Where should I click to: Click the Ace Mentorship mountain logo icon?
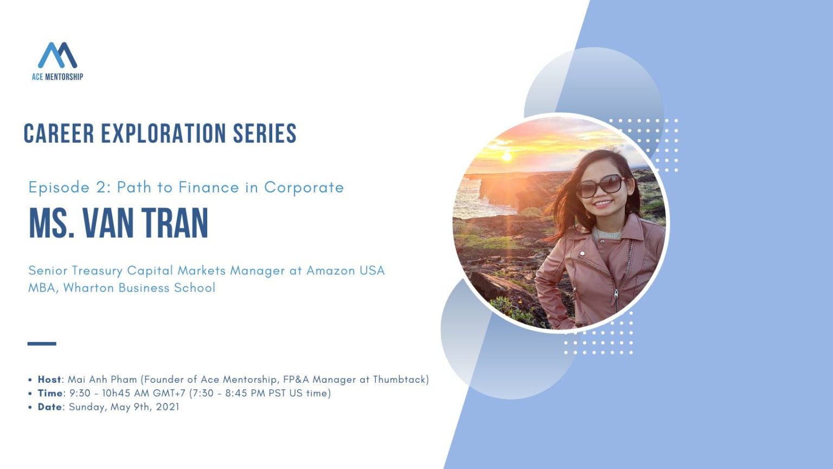click(x=57, y=55)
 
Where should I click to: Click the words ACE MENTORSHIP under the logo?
click(x=57, y=77)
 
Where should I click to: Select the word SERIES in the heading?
click(x=265, y=134)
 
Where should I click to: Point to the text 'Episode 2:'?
click(x=69, y=188)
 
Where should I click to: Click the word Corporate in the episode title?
click(x=304, y=188)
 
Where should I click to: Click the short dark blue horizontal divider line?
click(x=42, y=343)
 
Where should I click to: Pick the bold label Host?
click(x=49, y=380)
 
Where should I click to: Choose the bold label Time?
click(x=50, y=393)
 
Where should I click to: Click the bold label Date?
click(x=49, y=407)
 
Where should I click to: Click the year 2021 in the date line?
click(x=168, y=407)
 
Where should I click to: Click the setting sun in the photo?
click(x=507, y=156)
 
